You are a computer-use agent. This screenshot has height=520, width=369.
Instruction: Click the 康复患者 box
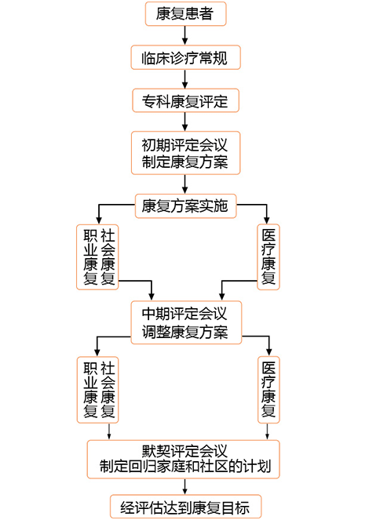(184, 13)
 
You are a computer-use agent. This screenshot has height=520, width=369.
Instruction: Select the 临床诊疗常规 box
(184, 57)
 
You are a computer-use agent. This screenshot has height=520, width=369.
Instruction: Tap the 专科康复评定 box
(184, 100)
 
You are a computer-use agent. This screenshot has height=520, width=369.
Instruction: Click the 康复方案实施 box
(184, 206)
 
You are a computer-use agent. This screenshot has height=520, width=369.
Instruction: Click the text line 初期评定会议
(184, 145)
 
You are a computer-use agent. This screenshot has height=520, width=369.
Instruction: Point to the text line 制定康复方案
(184, 162)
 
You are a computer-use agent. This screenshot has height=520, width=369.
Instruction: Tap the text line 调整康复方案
(184, 331)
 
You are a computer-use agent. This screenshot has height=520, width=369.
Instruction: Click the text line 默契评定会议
(184, 451)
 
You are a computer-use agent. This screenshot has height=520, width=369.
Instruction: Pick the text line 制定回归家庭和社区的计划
(184, 467)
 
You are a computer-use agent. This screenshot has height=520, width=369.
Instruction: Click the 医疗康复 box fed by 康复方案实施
(269, 257)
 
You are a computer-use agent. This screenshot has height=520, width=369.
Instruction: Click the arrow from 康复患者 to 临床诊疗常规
(184, 35)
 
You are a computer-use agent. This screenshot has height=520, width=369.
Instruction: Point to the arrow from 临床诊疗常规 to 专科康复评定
(184, 78)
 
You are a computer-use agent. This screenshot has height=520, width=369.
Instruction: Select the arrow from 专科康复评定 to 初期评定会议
(184, 121)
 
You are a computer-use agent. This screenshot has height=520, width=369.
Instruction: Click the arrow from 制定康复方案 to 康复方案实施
(184, 184)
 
